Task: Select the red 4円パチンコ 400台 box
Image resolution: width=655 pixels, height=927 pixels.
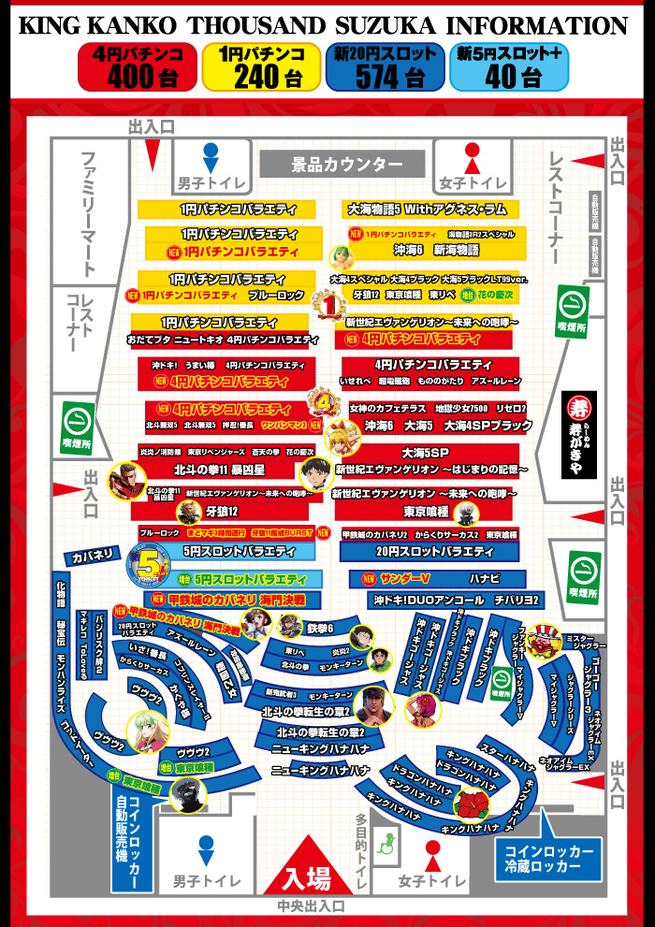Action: coord(137,67)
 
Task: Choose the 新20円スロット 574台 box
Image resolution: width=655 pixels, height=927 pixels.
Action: coord(385,67)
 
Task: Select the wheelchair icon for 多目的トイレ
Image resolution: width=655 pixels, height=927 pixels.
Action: coord(383,845)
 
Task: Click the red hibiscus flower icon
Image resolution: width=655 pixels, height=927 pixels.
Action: coord(468,804)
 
